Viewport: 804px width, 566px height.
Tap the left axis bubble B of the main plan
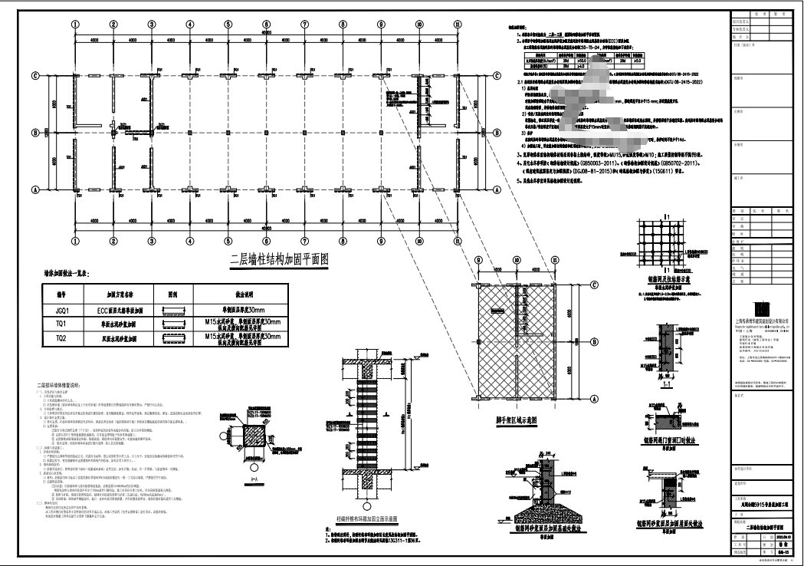35,132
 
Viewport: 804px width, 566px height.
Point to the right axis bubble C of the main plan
497,75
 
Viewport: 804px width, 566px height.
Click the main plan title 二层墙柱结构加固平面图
279,260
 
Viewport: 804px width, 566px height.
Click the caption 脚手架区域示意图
520,420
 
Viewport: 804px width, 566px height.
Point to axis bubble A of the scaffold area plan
595,399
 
